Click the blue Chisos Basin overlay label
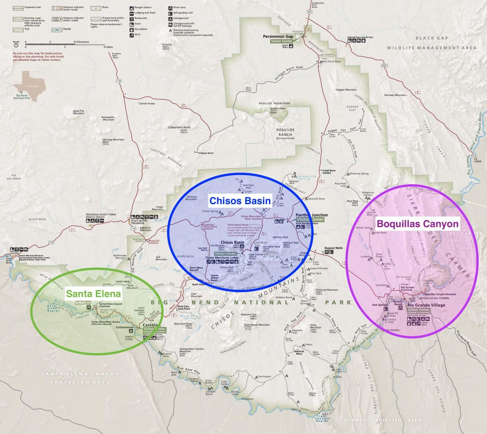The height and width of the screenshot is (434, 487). [x=240, y=201]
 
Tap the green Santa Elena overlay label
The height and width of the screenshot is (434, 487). [x=93, y=294]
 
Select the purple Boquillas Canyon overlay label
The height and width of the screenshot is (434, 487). [x=417, y=224]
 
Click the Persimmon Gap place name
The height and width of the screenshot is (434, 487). [x=278, y=36]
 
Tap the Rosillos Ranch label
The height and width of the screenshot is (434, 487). [x=285, y=132]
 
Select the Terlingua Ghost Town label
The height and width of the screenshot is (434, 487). [x=101, y=214]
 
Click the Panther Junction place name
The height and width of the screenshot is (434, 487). [x=312, y=215]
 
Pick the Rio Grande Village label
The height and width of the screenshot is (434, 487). [x=426, y=305]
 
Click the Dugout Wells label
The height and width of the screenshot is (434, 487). [x=334, y=248]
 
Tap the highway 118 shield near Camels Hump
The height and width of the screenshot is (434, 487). [x=119, y=81]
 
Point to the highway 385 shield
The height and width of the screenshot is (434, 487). [x=309, y=12]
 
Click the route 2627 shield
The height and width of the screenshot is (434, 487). [x=384, y=66]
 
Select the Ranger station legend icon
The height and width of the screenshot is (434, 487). [x=131, y=8]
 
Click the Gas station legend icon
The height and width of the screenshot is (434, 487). [x=131, y=29]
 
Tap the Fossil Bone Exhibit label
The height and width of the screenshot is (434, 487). [x=329, y=172]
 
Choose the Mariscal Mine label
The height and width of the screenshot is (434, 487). [x=299, y=352]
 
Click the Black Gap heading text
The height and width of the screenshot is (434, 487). [x=432, y=38]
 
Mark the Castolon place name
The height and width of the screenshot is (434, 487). [x=150, y=325]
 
